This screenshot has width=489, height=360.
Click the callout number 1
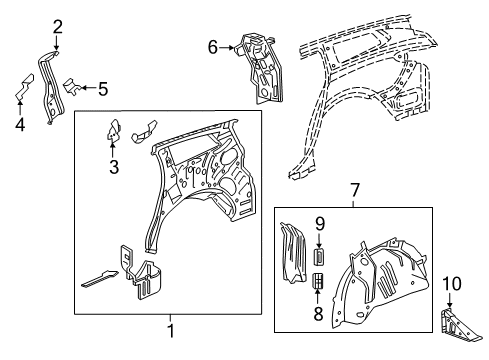click(169, 331)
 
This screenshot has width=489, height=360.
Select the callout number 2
click(57, 26)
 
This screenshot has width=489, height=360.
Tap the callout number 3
click(112, 165)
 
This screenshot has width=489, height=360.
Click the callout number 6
click(212, 46)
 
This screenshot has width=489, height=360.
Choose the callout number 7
click(352, 191)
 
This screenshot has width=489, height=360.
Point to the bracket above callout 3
click(112, 129)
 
